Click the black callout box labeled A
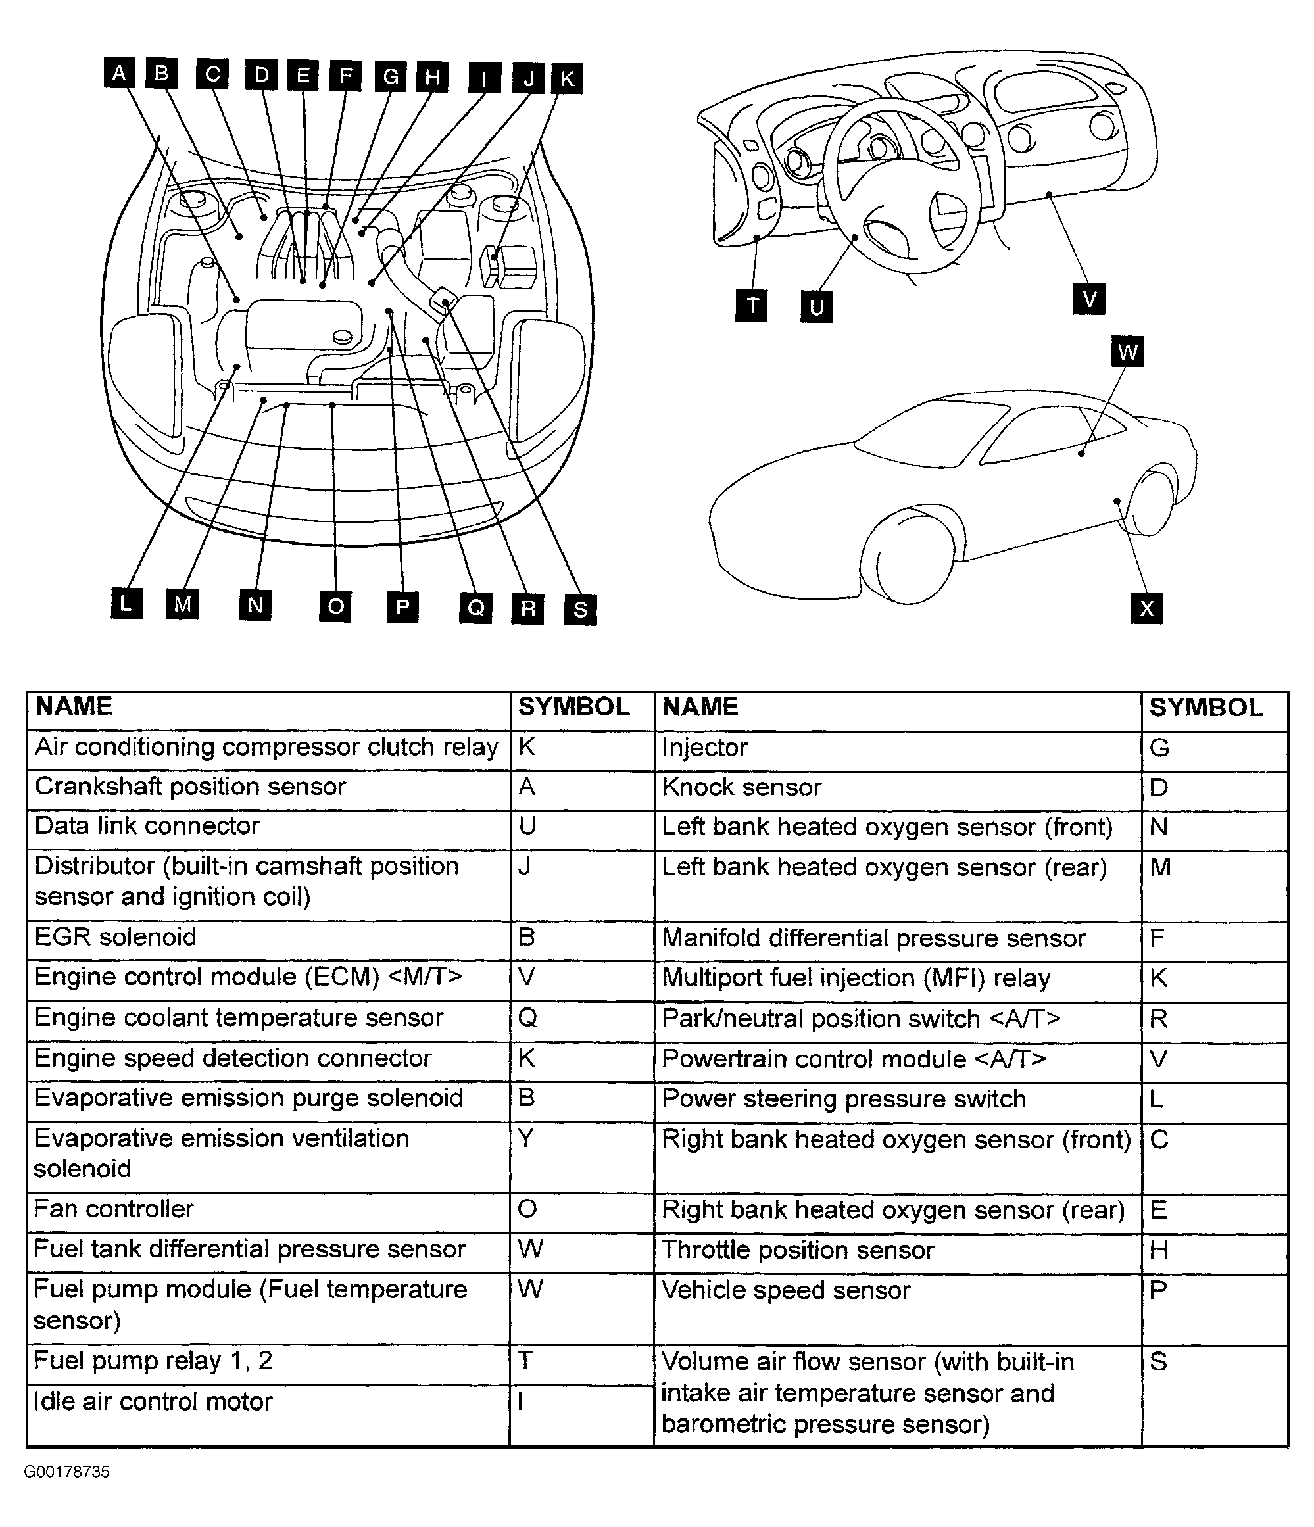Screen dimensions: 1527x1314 118,73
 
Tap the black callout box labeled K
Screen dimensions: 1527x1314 567,78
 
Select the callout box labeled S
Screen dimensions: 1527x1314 580,609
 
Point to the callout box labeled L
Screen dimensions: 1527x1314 126,603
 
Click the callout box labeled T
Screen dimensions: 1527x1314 751,305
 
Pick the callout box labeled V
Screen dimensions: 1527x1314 1088,299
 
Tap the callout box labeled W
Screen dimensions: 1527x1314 1126,352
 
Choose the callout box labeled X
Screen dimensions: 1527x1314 1146,608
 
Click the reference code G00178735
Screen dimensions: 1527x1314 67,1472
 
